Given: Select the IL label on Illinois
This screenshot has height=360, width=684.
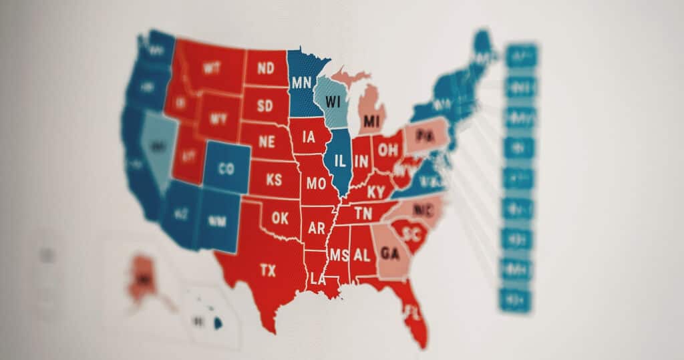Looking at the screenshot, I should click(340, 160).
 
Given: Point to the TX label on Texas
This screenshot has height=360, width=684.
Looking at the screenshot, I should click(267, 270).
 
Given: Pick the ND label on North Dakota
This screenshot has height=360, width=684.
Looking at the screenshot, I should click(265, 68).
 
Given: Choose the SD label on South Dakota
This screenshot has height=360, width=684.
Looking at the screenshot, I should click(265, 106).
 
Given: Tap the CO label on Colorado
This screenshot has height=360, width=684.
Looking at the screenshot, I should click(226, 169).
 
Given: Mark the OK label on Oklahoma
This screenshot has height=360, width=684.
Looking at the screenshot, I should click(281, 218).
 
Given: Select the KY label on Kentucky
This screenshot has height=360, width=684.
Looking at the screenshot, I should click(377, 192).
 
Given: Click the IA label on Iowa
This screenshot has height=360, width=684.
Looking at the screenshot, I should click(308, 138).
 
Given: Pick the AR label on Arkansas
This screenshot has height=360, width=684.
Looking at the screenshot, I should click(317, 228).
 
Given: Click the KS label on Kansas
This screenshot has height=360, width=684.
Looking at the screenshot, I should click(274, 180).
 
